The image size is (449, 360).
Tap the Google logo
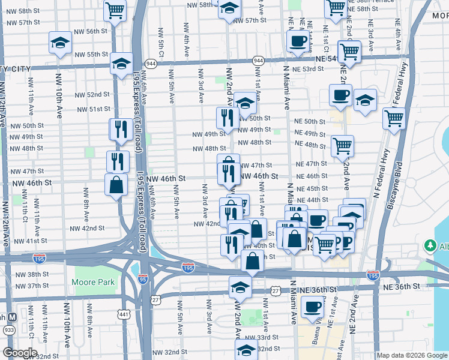click(20, 353)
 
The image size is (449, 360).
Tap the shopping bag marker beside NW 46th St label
click(116, 185)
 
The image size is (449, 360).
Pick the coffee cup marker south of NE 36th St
click(312, 307)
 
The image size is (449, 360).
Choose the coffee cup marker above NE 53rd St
click(298, 41)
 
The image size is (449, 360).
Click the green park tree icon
click(430, 246)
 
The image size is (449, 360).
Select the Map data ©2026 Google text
click(412, 355)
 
